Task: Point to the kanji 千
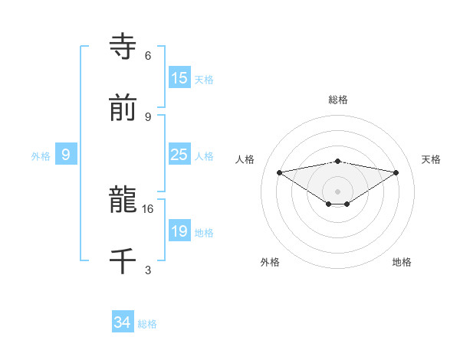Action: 123,261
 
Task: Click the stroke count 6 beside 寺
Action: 148,56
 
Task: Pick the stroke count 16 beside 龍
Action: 148,208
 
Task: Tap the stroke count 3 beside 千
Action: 148,270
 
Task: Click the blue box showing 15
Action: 179,78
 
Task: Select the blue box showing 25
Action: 179,155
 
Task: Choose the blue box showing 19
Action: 179,231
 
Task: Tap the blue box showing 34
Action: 123,322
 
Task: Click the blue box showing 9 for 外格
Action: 66,155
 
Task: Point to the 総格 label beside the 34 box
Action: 147,324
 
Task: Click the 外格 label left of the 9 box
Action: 41,156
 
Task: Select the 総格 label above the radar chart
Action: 338,100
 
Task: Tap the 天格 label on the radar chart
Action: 432,159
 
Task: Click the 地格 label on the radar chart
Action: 402,262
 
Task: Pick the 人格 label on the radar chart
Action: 246,159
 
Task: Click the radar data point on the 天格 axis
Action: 396,172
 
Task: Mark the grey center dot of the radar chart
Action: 338,191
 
